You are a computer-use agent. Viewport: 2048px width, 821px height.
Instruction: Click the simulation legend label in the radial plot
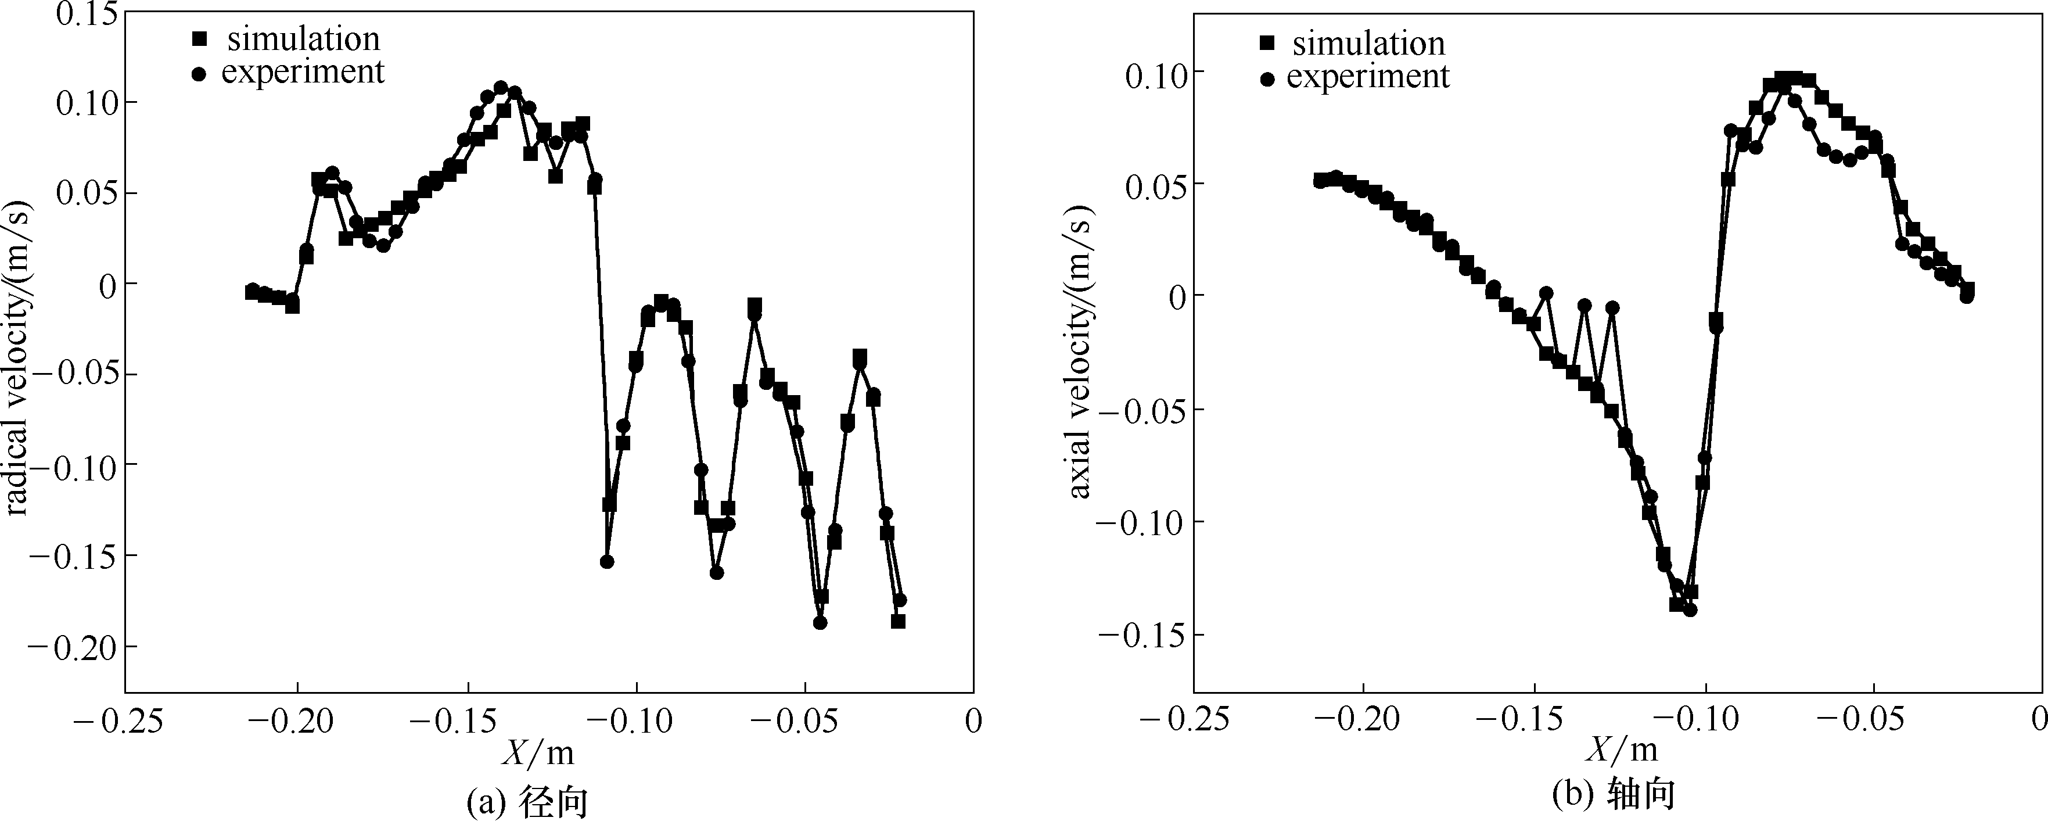pos(303,39)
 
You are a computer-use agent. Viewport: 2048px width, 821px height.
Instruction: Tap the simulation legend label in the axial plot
pos(1368,43)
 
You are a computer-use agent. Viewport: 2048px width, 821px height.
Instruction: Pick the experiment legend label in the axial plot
pos(1368,76)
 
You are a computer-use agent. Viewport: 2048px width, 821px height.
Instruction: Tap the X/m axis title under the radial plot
pos(537,752)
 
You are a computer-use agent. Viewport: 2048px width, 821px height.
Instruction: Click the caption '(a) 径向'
pos(528,802)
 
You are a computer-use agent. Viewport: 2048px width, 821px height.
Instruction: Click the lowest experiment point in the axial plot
pos(1690,610)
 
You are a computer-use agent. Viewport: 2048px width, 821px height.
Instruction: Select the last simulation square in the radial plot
pos(899,621)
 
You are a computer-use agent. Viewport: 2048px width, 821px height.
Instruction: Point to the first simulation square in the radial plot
pos(252,293)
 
